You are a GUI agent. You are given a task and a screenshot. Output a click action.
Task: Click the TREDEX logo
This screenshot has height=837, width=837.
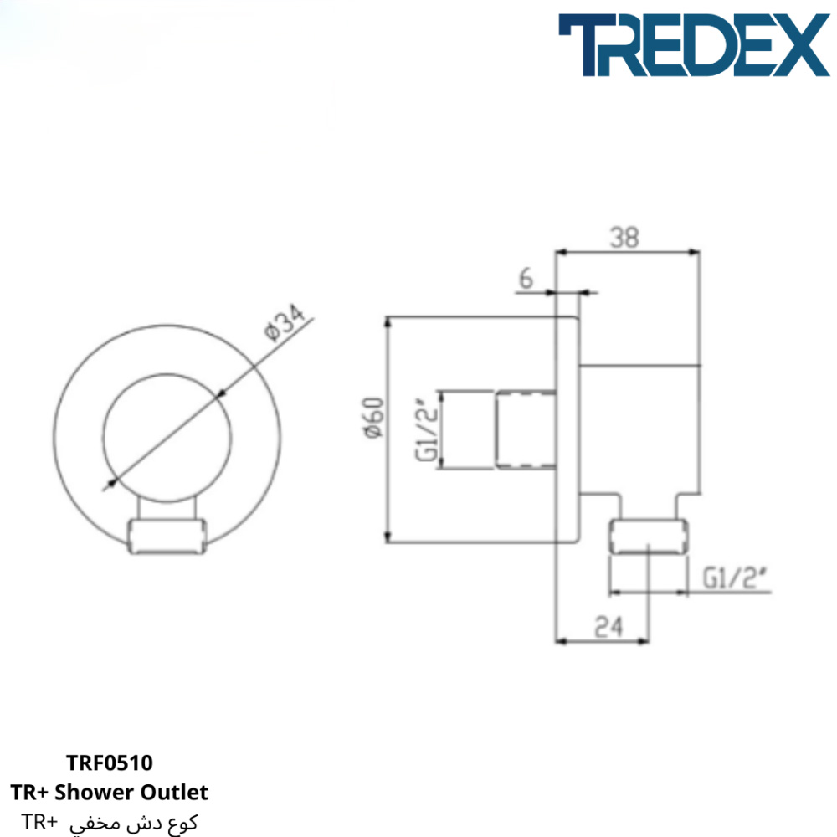694,45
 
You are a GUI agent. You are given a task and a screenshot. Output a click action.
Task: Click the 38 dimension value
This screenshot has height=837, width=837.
624,238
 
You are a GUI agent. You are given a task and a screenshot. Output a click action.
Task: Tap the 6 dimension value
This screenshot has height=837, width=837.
526,278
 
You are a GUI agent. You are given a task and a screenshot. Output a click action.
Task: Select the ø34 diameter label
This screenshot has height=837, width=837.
285,322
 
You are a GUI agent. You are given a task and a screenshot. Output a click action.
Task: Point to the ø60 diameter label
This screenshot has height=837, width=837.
373,418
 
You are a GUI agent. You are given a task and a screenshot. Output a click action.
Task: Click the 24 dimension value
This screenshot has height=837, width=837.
608,627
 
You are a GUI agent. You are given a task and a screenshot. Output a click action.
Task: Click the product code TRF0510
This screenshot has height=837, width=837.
110,763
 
